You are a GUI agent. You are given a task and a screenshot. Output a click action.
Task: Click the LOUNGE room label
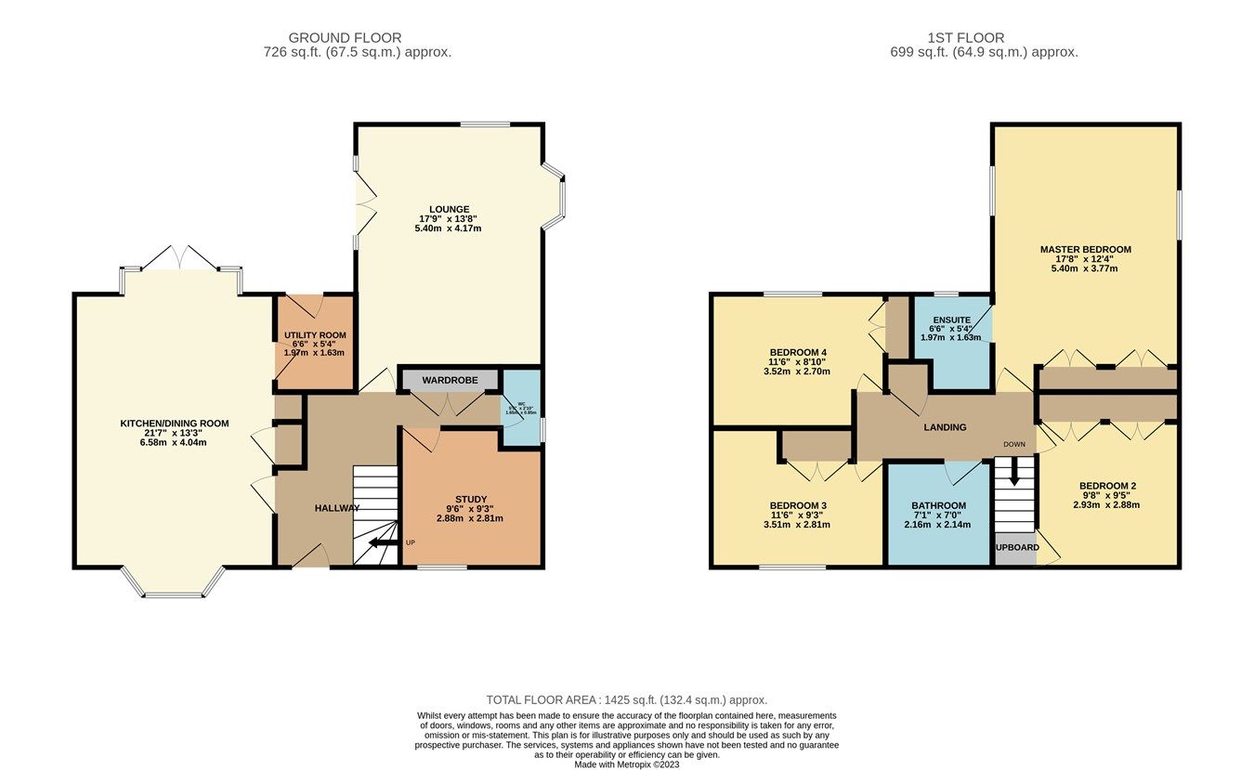click(x=450, y=209)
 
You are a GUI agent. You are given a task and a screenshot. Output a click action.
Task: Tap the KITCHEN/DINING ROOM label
click(x=175, y=424)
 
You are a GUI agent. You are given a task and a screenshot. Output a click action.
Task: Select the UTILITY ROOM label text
click(x=315, y=334)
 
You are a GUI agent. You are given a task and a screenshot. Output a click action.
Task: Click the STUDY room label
click(x=470, y=499)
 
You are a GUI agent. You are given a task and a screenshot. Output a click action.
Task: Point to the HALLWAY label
click(x=336, y=508)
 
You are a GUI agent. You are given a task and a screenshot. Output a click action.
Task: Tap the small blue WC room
click(x=522, y=409)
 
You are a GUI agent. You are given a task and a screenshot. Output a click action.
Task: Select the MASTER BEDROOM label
click(x=1085, y=250)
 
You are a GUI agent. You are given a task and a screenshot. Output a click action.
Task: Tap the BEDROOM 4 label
click(x=797, y=352)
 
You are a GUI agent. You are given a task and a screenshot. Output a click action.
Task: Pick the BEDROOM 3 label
click(x=797, y=505)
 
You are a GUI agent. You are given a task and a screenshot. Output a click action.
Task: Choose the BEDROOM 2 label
click(x=1107, y=486)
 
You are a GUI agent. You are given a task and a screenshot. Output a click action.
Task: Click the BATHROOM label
click(x=938, y=505)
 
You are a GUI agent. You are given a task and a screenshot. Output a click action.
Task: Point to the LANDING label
click(x=945, y=427)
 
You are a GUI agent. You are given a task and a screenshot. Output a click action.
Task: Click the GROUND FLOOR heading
click(x=357, y=38)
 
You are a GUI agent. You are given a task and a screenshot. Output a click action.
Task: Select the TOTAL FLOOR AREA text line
click(x=626, y=699)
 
